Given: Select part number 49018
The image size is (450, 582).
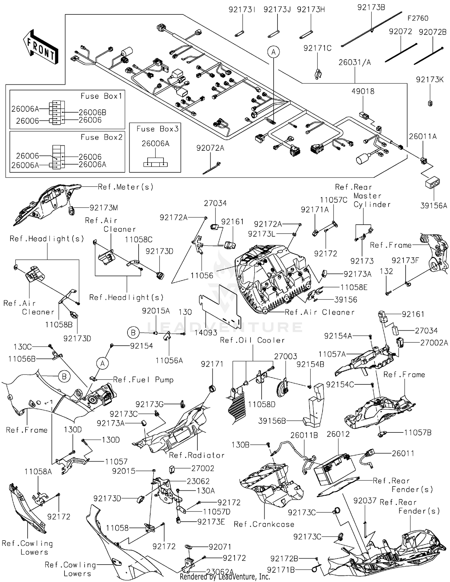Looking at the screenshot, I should coord(363,91).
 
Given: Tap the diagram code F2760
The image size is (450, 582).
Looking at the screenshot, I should coord(418,18).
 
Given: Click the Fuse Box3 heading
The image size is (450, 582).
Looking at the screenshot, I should coord(157,129).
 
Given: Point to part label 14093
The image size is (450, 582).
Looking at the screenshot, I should coord(206,332).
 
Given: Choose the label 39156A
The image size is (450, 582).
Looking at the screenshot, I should coord(433,206).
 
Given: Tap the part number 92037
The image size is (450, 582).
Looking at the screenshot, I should coord(365,501).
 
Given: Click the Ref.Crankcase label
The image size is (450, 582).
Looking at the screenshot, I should coord(264,524).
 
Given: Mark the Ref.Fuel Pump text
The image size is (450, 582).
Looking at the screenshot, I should coord(143,380).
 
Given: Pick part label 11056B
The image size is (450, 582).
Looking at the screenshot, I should coord(22,359).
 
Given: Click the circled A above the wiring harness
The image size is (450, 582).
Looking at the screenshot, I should coord(273,52).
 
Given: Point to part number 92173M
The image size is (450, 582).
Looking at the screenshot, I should coord(104,208).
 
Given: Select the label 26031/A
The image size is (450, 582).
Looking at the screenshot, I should coord(355,62).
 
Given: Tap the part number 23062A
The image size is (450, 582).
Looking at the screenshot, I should coord(220,572).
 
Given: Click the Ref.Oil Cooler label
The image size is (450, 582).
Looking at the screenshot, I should coord(252,340).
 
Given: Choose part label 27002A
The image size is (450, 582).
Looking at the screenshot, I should coord(434,343).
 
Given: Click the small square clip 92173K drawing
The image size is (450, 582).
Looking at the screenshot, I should coord(430,103).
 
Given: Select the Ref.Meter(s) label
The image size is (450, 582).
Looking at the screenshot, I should coord(126,187).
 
